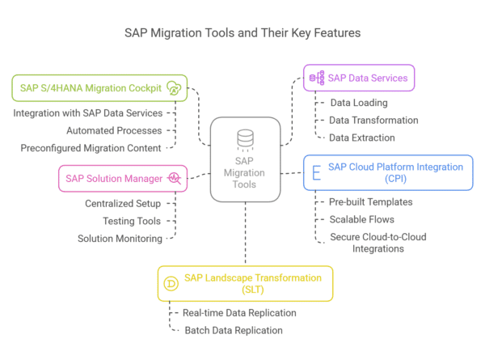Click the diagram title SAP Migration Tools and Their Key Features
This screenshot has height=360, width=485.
pos(242,33)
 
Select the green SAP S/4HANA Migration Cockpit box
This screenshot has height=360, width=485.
pos(99,87)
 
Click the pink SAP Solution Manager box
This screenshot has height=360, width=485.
pos(122,177)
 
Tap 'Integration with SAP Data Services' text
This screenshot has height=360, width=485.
pos(87,112)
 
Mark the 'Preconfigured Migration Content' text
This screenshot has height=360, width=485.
pos(91,147)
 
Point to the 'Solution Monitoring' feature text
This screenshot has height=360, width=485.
pos(120,239)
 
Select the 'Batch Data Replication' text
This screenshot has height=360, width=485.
pos(234,330)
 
